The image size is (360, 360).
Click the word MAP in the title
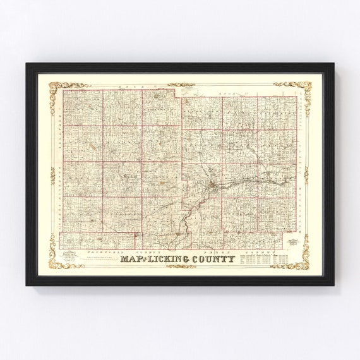click(135, 258)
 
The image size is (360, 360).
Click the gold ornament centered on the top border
click(181, 83)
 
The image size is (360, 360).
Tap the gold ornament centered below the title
click(181, 266)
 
